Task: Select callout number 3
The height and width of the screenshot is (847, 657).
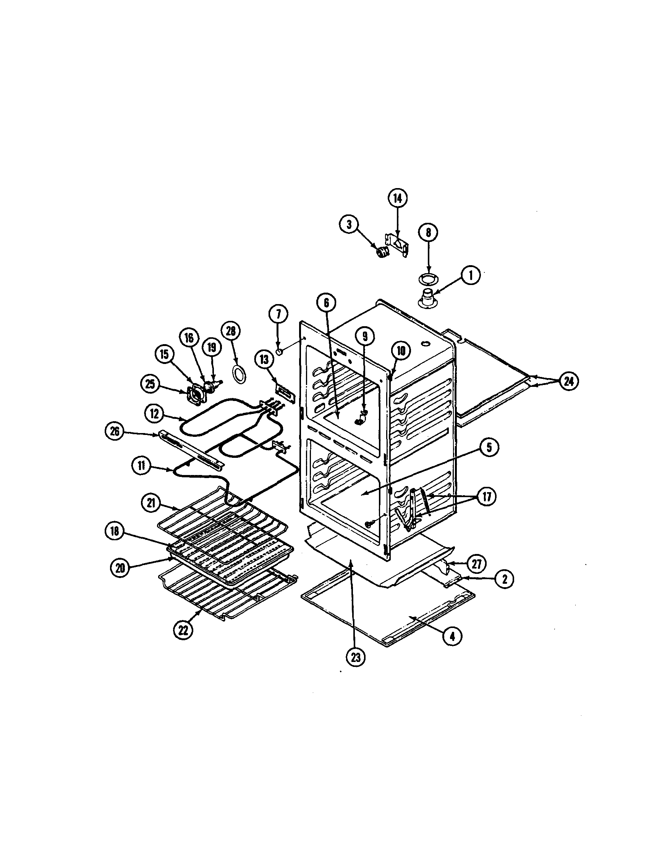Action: (349, 224)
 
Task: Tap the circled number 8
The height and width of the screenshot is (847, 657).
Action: (428, 232)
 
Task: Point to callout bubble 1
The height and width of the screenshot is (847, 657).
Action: (470, 275)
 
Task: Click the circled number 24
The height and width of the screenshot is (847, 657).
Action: (568, 381)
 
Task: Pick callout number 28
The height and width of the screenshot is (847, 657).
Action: (231, 331)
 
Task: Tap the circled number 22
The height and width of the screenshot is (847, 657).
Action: (183, 631)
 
